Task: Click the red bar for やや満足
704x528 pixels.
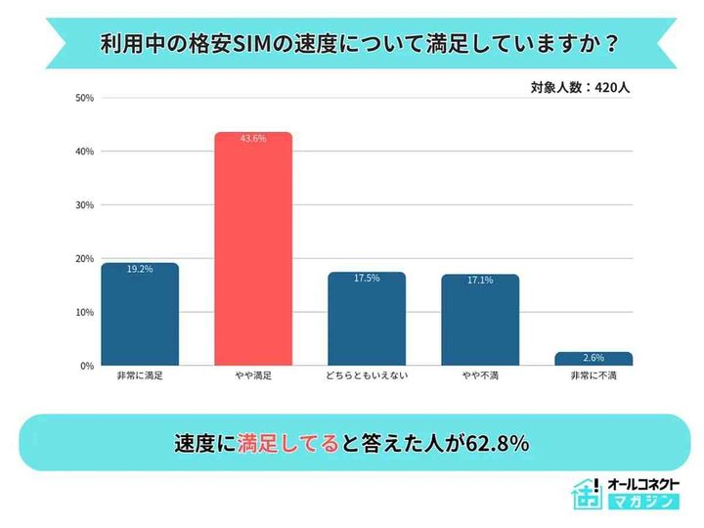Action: (x=253, y=249)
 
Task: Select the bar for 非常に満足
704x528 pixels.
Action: (x=140, y=315)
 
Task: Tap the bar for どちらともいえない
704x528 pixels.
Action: (x=367, y=319)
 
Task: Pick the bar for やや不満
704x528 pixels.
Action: (x=480, y=320)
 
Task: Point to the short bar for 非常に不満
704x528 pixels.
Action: (x=594, y=359)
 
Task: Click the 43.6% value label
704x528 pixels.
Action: (x=253, y=139)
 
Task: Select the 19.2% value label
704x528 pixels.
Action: (x=140, y=269)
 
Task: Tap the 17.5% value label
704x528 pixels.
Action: (x=367, y=279)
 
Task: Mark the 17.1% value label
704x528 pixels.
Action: (x=480, y=280)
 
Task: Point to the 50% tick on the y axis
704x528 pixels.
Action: (x=84, y=98)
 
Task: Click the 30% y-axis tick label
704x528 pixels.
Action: (x=84, y=205)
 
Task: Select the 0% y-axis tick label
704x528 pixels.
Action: (x=87, y=366)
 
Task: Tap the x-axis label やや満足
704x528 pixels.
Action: (x=253, y=376)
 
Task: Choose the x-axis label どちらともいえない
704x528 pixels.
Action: (x=367, y=376)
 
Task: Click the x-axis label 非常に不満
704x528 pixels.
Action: (x=594, y=376)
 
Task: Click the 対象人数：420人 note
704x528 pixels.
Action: (x=581, y=87)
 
